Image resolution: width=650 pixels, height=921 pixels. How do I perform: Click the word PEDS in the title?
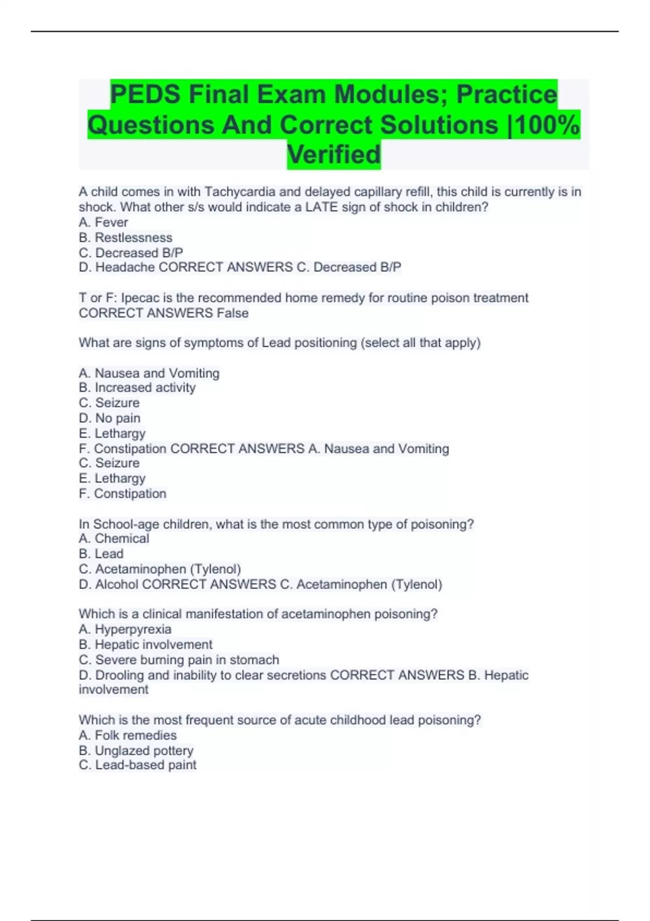click(x=145, y=95)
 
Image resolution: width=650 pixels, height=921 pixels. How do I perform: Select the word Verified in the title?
click(x=334, y=154)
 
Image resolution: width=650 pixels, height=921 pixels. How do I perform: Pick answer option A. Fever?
click(x=103, y=222)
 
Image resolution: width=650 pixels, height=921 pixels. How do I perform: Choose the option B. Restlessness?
click(x=126, y=237)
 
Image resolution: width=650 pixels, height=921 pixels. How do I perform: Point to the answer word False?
click(x=232, y=313)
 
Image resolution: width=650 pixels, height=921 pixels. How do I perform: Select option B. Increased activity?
click(x=137, y=387)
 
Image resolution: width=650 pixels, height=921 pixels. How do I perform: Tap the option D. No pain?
click(x=109, y=418)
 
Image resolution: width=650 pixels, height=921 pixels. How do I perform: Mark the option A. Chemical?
click(x=114, y=538)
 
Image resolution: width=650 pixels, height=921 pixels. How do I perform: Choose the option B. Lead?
click(x=101, y=553)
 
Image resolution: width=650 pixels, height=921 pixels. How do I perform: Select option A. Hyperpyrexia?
click(x=125, y=629)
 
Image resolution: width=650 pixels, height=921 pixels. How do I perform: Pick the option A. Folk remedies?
click(x=128, y=735)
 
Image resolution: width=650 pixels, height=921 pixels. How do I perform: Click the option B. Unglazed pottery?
click(x=136, y=750)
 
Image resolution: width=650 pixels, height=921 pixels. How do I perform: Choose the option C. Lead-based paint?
click(x=138, y=765)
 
